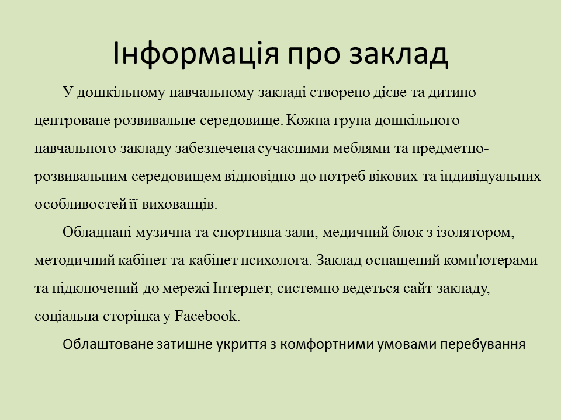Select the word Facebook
pos(207,316)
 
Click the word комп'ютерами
pos(490,260)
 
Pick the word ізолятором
pos(476,233)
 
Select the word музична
pos(163,233)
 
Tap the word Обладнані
pos(98,233)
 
